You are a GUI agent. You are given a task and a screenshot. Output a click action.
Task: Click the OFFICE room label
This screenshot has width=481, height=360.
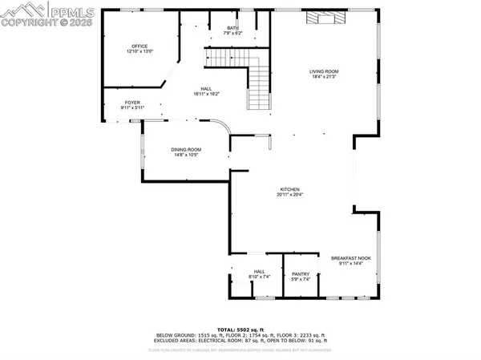[139, 47]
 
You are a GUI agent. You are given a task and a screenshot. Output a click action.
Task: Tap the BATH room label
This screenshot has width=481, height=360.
[232, 28]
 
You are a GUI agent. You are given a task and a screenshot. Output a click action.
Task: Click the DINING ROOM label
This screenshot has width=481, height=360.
[185, 149]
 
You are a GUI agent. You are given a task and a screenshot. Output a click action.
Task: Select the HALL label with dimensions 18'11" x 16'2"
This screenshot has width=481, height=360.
[206, 89]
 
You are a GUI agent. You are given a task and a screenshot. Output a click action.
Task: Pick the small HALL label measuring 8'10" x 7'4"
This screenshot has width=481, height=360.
[259, 272]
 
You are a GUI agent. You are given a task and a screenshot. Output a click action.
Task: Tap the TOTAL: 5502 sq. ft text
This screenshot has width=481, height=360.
[240, 329]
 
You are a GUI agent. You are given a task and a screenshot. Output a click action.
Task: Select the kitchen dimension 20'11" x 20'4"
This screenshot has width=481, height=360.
[289, 194]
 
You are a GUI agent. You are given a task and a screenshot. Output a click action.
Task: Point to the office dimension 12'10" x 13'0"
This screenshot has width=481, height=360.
[139, 52]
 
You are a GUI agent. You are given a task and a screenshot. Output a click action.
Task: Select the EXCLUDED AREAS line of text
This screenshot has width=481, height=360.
[240, 341]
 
